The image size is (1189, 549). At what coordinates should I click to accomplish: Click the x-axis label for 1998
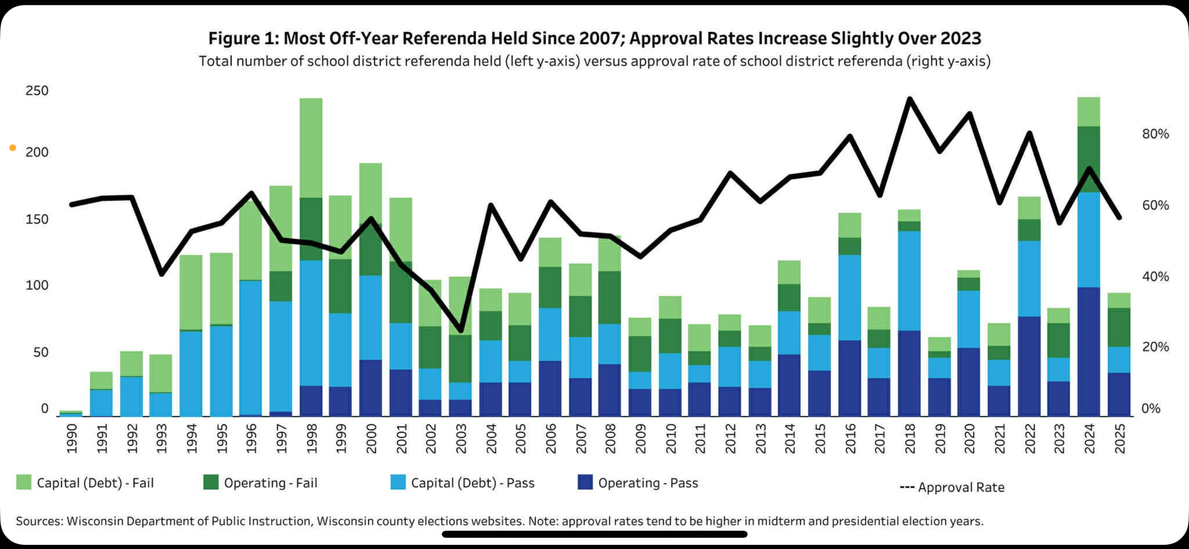312,438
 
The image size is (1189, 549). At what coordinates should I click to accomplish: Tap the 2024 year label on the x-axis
1089,438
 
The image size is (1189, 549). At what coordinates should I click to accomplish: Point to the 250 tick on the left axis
37,91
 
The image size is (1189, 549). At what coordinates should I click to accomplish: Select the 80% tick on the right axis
1155,134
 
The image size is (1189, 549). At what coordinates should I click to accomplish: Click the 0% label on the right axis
1151,409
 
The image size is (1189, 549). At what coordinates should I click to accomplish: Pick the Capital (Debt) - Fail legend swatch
24,482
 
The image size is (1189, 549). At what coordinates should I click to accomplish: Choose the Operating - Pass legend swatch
585,482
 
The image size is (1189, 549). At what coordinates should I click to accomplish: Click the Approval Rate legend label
961,487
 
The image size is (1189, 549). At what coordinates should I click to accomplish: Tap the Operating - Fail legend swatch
211,482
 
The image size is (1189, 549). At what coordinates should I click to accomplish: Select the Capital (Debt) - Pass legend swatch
398,482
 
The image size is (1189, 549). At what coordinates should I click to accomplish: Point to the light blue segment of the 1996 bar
251,348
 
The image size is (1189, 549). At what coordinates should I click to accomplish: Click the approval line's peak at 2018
910,99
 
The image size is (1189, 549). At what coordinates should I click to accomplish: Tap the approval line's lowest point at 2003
460,330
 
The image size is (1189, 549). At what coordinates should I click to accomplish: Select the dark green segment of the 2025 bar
1119,327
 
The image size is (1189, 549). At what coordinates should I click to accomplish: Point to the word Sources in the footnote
39,521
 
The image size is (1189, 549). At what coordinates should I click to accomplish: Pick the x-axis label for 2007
581,438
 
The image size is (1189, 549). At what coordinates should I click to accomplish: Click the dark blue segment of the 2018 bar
909,373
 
